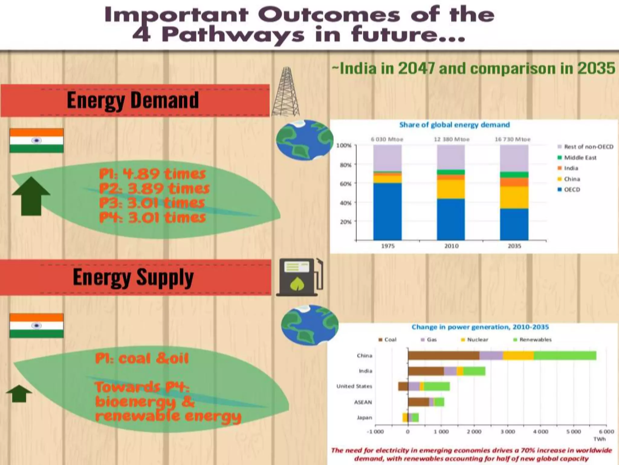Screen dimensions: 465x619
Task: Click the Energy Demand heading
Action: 133,101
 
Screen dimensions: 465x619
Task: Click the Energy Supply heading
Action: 133,277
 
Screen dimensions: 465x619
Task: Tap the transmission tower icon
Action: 286,92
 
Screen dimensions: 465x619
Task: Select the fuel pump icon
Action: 299,277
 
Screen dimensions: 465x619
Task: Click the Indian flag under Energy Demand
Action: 37,140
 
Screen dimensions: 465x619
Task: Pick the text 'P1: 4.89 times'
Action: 152,174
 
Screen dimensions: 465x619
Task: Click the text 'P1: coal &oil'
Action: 142,359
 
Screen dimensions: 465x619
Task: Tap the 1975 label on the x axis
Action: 387,246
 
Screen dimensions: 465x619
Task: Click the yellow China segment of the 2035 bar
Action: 514,197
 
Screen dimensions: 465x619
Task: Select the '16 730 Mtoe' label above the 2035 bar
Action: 513,139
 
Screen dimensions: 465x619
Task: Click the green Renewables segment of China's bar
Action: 565,355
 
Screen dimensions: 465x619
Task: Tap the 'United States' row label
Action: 354,386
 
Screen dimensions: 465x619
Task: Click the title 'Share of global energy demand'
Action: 454,125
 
